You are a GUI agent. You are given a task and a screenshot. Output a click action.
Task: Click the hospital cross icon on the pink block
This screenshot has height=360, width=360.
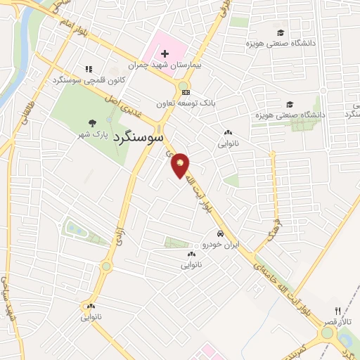point(165,54)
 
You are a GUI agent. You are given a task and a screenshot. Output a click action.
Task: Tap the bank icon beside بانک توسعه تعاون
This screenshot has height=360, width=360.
point(185,92)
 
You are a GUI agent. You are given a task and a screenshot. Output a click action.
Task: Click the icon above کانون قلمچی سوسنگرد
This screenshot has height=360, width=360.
point(89,70)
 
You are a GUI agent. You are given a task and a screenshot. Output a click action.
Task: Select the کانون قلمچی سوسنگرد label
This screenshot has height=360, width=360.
point(89,80)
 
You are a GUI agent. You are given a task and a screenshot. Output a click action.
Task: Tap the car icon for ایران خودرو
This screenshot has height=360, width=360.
point(220,234)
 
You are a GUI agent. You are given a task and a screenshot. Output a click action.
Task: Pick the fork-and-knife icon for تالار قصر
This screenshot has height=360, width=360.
point(337,310)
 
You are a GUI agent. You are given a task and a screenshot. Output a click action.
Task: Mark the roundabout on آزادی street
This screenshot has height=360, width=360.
point(106,266)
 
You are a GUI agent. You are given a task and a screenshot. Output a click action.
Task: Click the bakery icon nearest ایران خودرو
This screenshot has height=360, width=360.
point(191,254)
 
